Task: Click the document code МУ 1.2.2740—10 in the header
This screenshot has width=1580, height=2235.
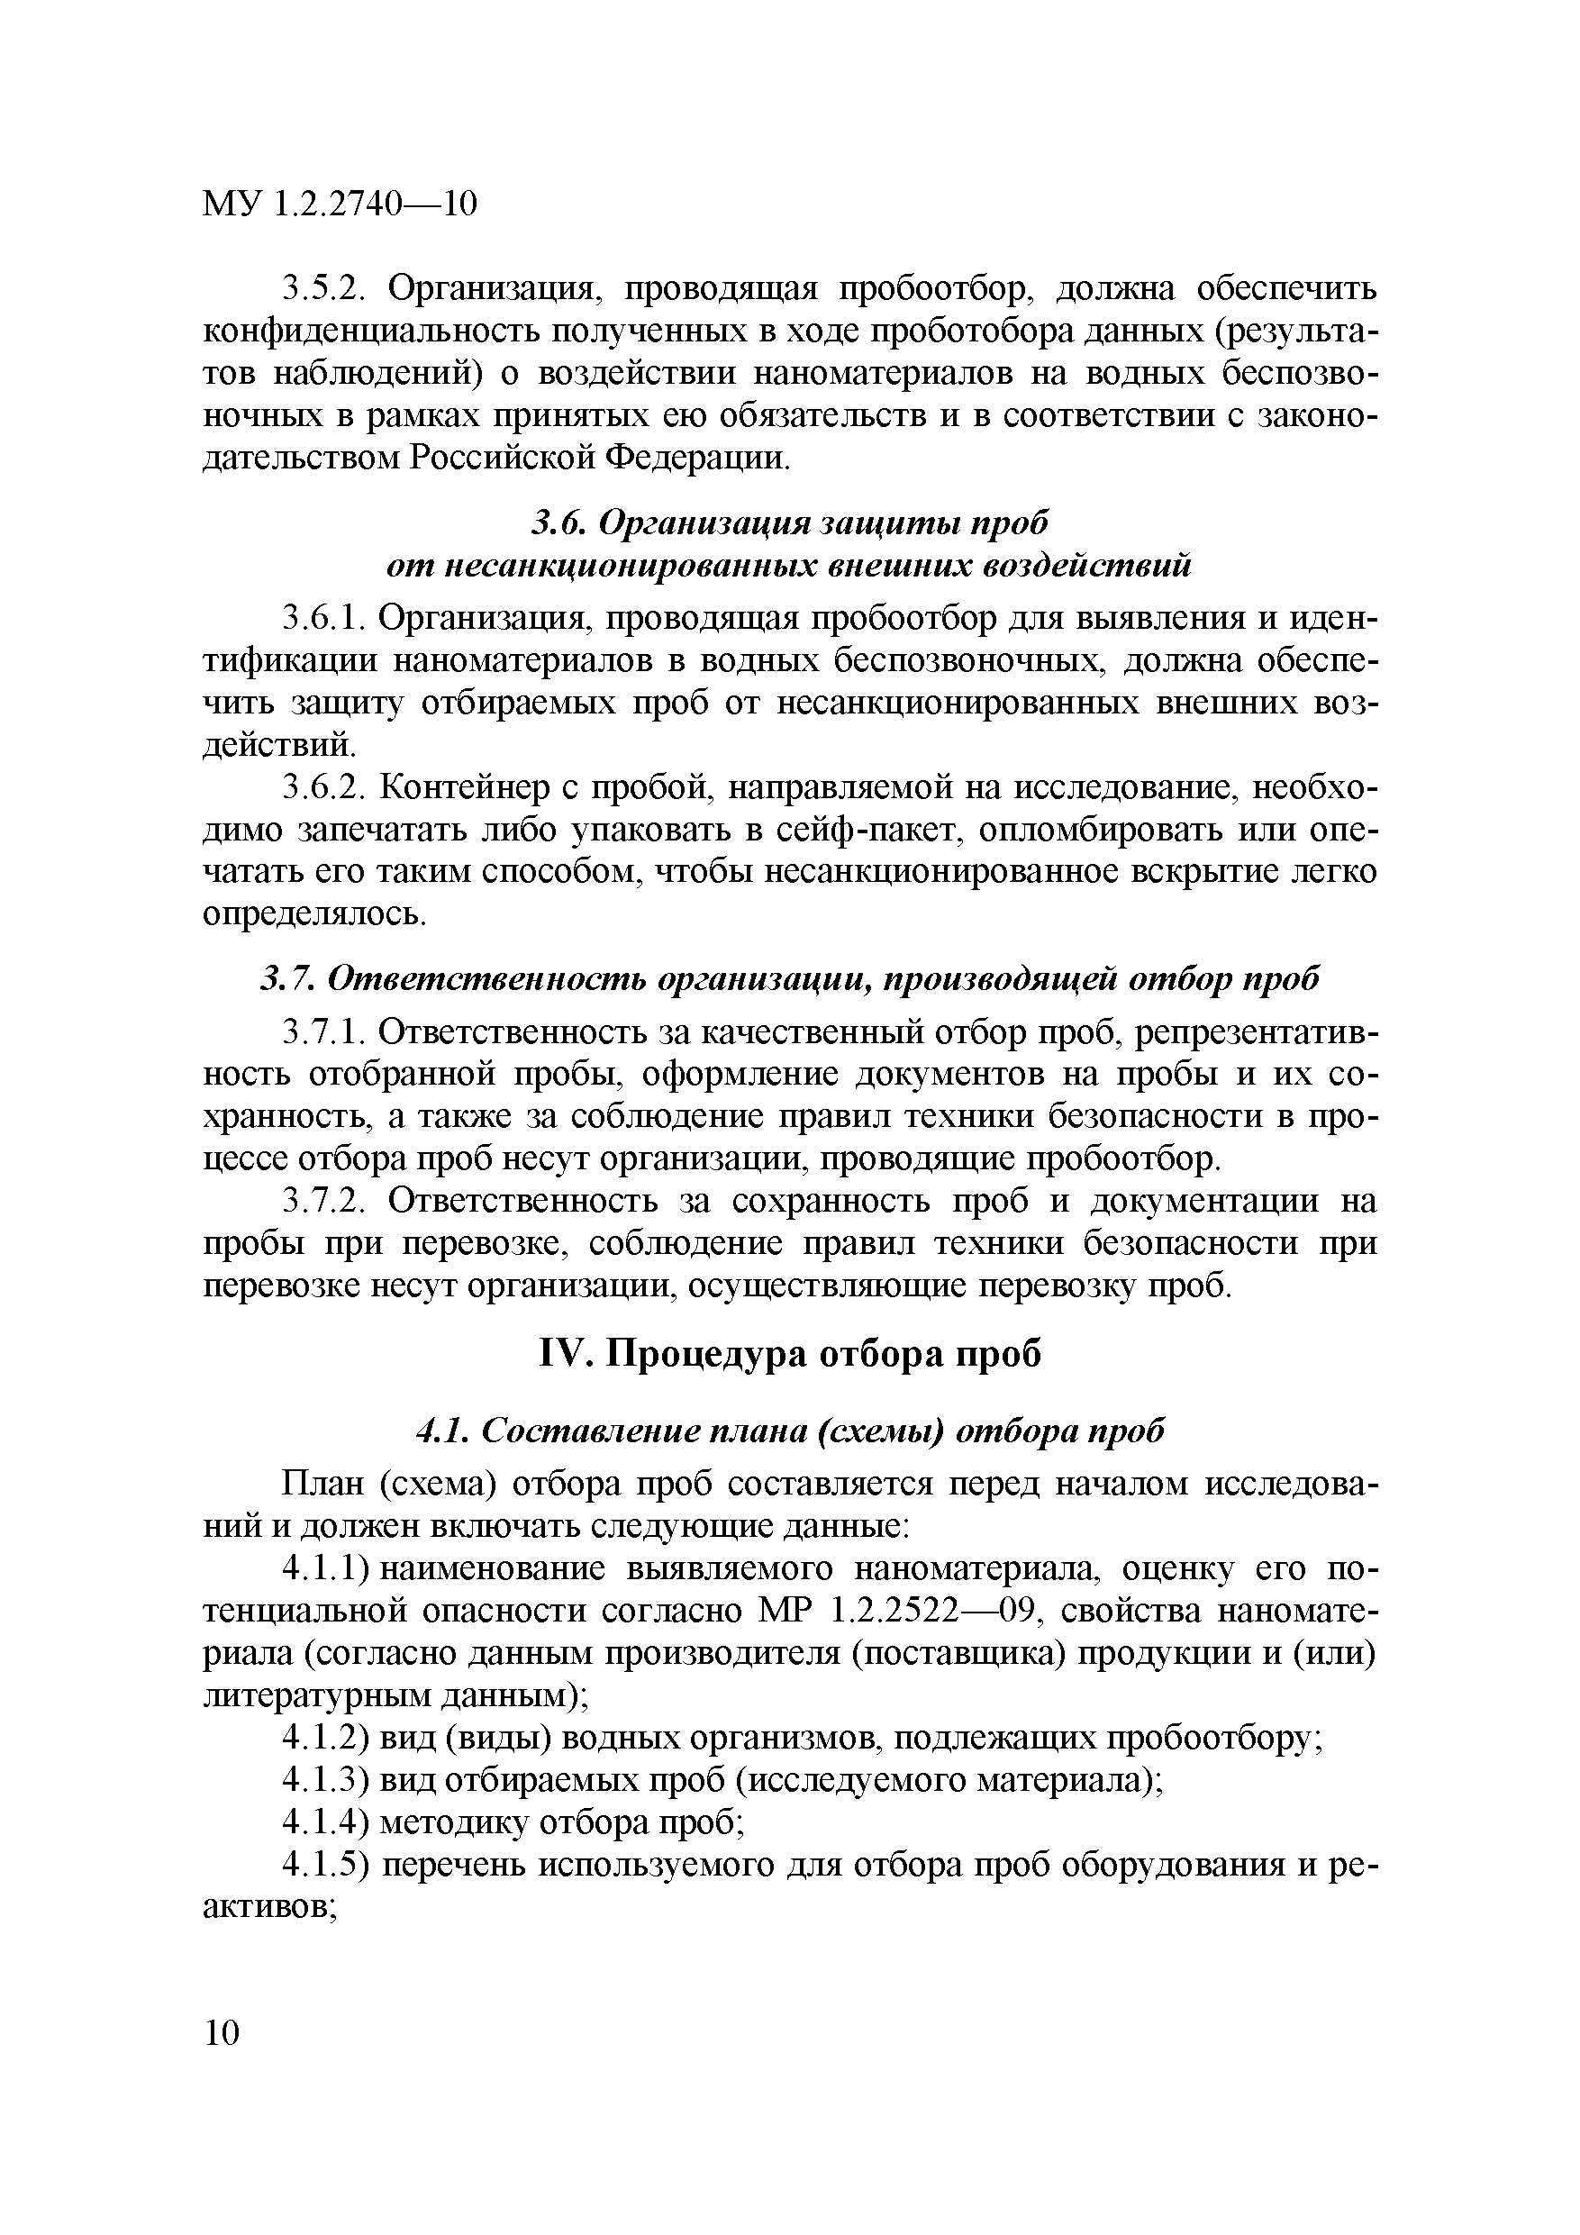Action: [x=340, y=204]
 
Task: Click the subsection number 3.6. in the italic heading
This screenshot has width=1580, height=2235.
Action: [x=558, y=522]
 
